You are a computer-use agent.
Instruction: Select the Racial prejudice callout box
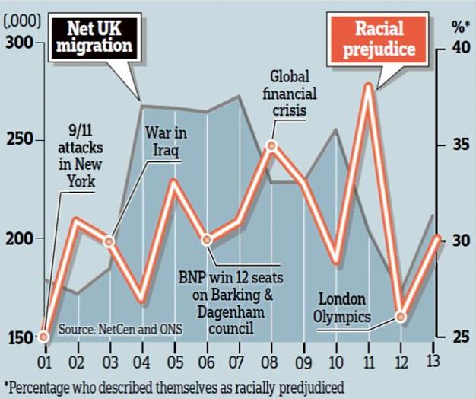point(386,40)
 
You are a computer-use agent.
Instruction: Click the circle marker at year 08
point(271,145)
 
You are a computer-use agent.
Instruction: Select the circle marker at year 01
point(44,337)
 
